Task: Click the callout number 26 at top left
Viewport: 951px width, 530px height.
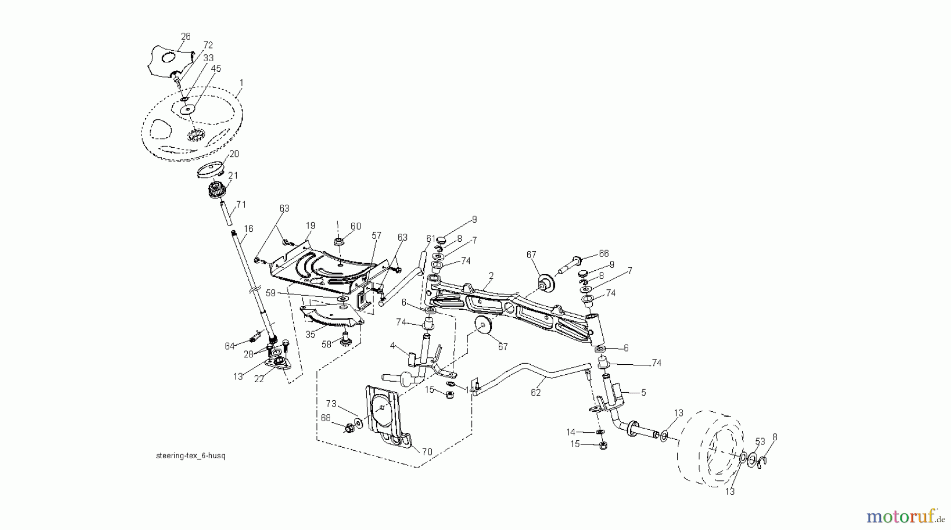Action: coord(186,36)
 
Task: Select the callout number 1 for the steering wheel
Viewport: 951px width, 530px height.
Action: coord(241,83)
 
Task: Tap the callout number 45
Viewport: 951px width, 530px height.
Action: coord(216,69)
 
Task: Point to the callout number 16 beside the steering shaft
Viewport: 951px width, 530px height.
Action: coord(249,229)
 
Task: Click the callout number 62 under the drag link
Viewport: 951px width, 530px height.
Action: coord(536,393)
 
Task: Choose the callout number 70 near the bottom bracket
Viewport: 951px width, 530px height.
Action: coord(427,451)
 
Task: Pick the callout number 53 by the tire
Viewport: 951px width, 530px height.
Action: coord(760,441)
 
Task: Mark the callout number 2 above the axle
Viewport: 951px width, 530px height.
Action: coord(491,276)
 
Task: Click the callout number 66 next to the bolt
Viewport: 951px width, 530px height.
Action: coord(603,254)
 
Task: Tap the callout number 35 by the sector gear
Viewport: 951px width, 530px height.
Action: coord(310,334)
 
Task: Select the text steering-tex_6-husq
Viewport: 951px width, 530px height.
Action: coord(191,455)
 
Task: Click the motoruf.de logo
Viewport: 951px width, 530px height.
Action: coord(904,515)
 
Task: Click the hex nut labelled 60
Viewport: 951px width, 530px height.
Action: coord(339,242)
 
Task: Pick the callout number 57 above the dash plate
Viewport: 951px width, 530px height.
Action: coord(376,235)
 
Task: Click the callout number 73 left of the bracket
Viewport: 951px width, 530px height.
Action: coord(331,404)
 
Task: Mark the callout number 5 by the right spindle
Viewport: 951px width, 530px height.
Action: coord(643,393)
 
